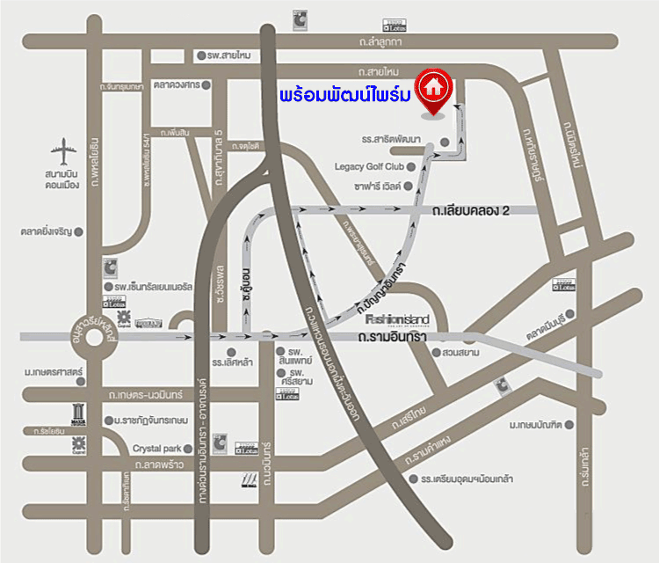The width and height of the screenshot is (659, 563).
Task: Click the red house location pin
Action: click(431, 91)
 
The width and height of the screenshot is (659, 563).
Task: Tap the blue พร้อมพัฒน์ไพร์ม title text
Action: click(344, 94)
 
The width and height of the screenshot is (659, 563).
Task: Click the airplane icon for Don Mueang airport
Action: click(64, 152)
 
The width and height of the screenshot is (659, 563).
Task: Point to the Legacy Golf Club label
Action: click(369, 165)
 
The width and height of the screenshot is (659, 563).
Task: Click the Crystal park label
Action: click(156, 448)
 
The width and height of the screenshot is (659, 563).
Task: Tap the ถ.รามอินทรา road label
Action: click(392, 337)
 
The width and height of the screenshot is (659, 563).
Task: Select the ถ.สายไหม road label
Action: click(379, 70)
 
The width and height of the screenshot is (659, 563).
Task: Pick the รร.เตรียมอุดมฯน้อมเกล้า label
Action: click(467, 479)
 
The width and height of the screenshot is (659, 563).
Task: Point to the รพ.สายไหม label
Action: click(229, 55)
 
